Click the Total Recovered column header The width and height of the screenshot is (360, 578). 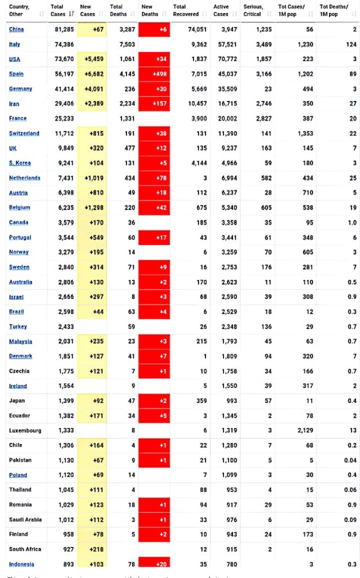186,10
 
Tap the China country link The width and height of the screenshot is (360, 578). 16,29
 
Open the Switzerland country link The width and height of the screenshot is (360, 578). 24,133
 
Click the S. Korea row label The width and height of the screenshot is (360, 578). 20,163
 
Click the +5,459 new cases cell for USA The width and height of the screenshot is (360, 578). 93,59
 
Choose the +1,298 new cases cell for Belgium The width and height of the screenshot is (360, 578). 93,208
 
